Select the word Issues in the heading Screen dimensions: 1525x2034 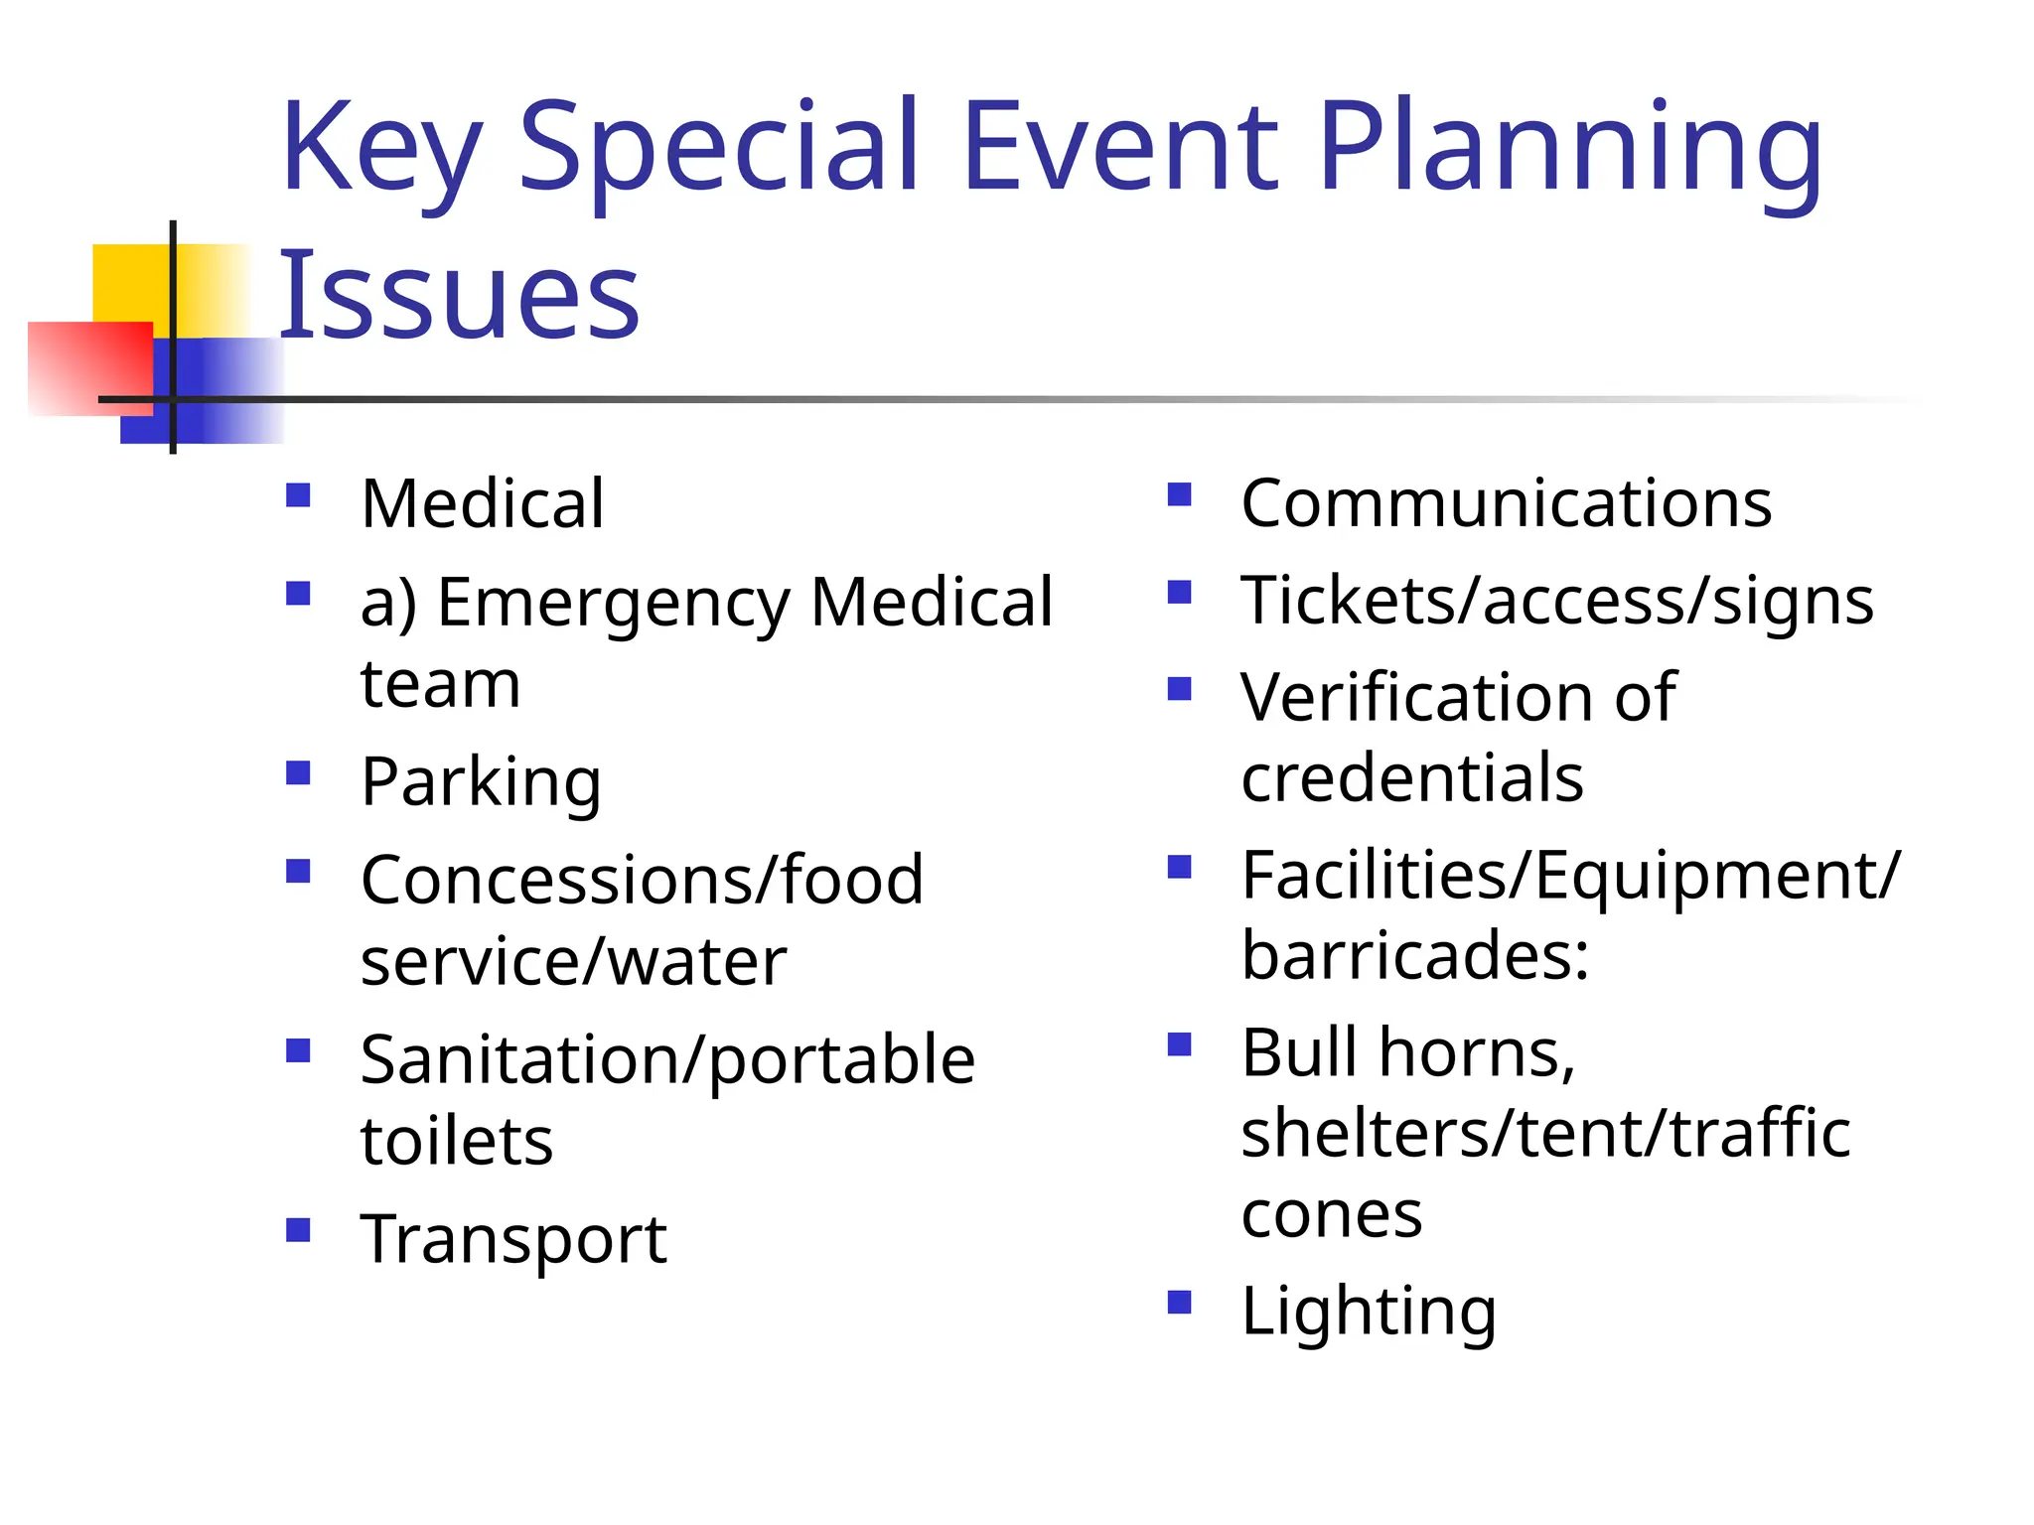click(459, 295)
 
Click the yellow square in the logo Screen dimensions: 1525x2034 click(134, 282)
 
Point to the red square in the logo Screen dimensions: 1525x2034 click(89, 367)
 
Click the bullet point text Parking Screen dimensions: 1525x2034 click(481, 782)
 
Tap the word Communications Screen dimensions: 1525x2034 click(1506, 503)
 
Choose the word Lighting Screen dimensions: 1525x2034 click(1368, 1312)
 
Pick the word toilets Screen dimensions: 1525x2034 click(457, 1141)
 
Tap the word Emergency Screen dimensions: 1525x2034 click(614, 604)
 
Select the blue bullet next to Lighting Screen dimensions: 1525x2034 click(1179, 1302)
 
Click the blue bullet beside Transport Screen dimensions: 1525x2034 click(298, 1230)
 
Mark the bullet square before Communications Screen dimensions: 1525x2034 click(1179, 494)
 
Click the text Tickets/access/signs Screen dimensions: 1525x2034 click(1556, 601)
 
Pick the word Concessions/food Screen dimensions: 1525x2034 click(642, 881)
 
